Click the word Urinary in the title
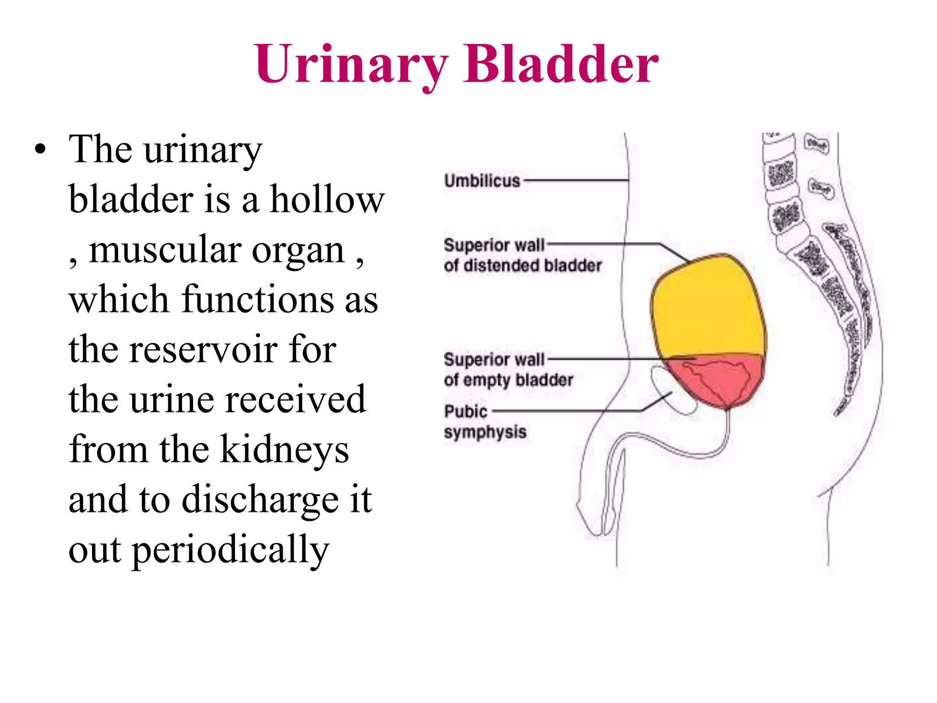(x=351, y=64)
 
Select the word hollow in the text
(x=327, y=200)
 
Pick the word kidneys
(x=285, y=450)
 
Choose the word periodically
(x=231, y=550)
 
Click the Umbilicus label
(x=482, y=181)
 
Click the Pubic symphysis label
(x=485, y=422)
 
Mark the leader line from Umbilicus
(x=576, y=180)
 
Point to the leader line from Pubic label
(x=567, y=411)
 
